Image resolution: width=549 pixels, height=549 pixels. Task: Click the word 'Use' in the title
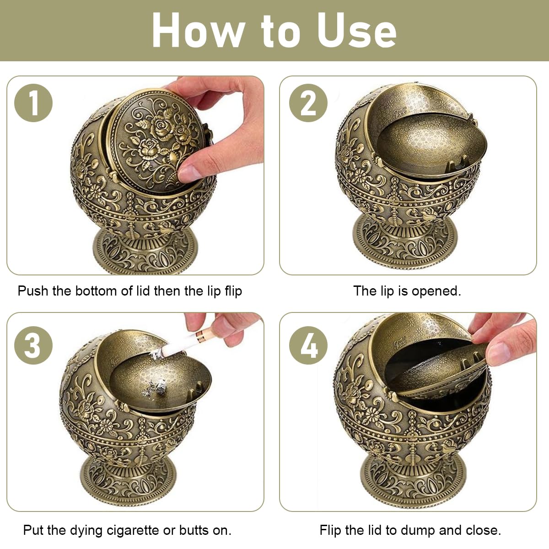point(357,30)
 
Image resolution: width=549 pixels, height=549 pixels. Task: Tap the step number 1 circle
point(33,102)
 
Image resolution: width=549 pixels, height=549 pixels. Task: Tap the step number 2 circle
point(308,102)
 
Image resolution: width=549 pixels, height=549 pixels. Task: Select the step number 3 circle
point(33,345)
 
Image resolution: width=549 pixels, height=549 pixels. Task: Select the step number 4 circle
point(308,345)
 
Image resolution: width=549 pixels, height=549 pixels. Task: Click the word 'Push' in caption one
point(32,291)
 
